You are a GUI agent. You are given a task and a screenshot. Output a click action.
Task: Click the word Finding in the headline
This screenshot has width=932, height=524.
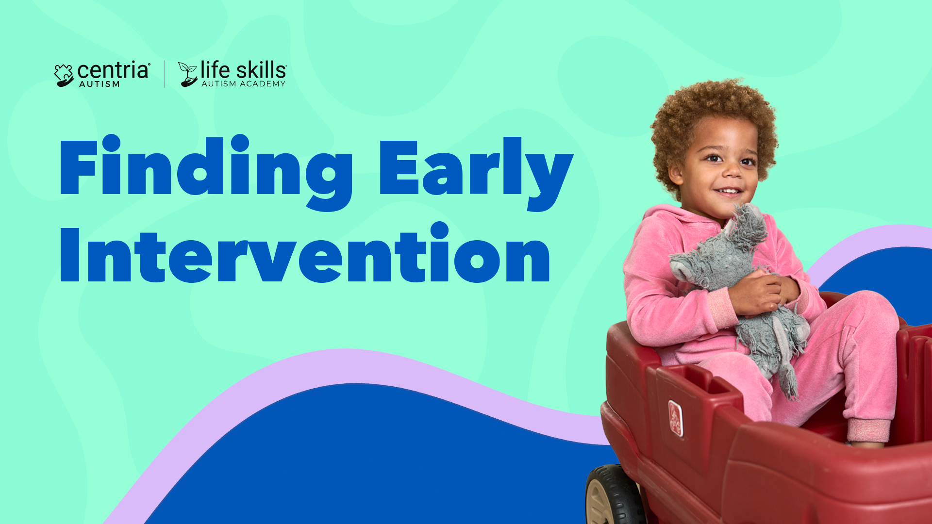206,172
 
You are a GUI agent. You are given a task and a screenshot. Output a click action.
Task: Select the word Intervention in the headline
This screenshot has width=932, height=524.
305,253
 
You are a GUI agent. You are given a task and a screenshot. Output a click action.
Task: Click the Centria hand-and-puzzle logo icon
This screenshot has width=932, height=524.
64,75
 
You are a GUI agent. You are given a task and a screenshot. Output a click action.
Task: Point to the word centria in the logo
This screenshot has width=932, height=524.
114,71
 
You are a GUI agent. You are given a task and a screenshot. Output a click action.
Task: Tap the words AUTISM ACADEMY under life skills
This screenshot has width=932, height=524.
243,84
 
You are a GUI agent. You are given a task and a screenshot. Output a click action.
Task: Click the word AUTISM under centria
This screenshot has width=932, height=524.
100,84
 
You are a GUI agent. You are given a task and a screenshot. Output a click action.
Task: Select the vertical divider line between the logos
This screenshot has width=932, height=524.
164,74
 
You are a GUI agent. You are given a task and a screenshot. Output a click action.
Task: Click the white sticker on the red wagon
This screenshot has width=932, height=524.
675,418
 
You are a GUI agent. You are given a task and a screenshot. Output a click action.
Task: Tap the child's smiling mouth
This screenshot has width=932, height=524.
729,192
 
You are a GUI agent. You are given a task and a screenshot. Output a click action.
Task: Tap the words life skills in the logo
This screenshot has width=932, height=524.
243,70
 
